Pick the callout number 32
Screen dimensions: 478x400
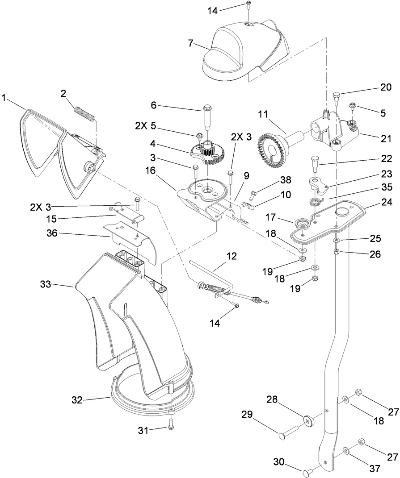(x=77, y=400)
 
